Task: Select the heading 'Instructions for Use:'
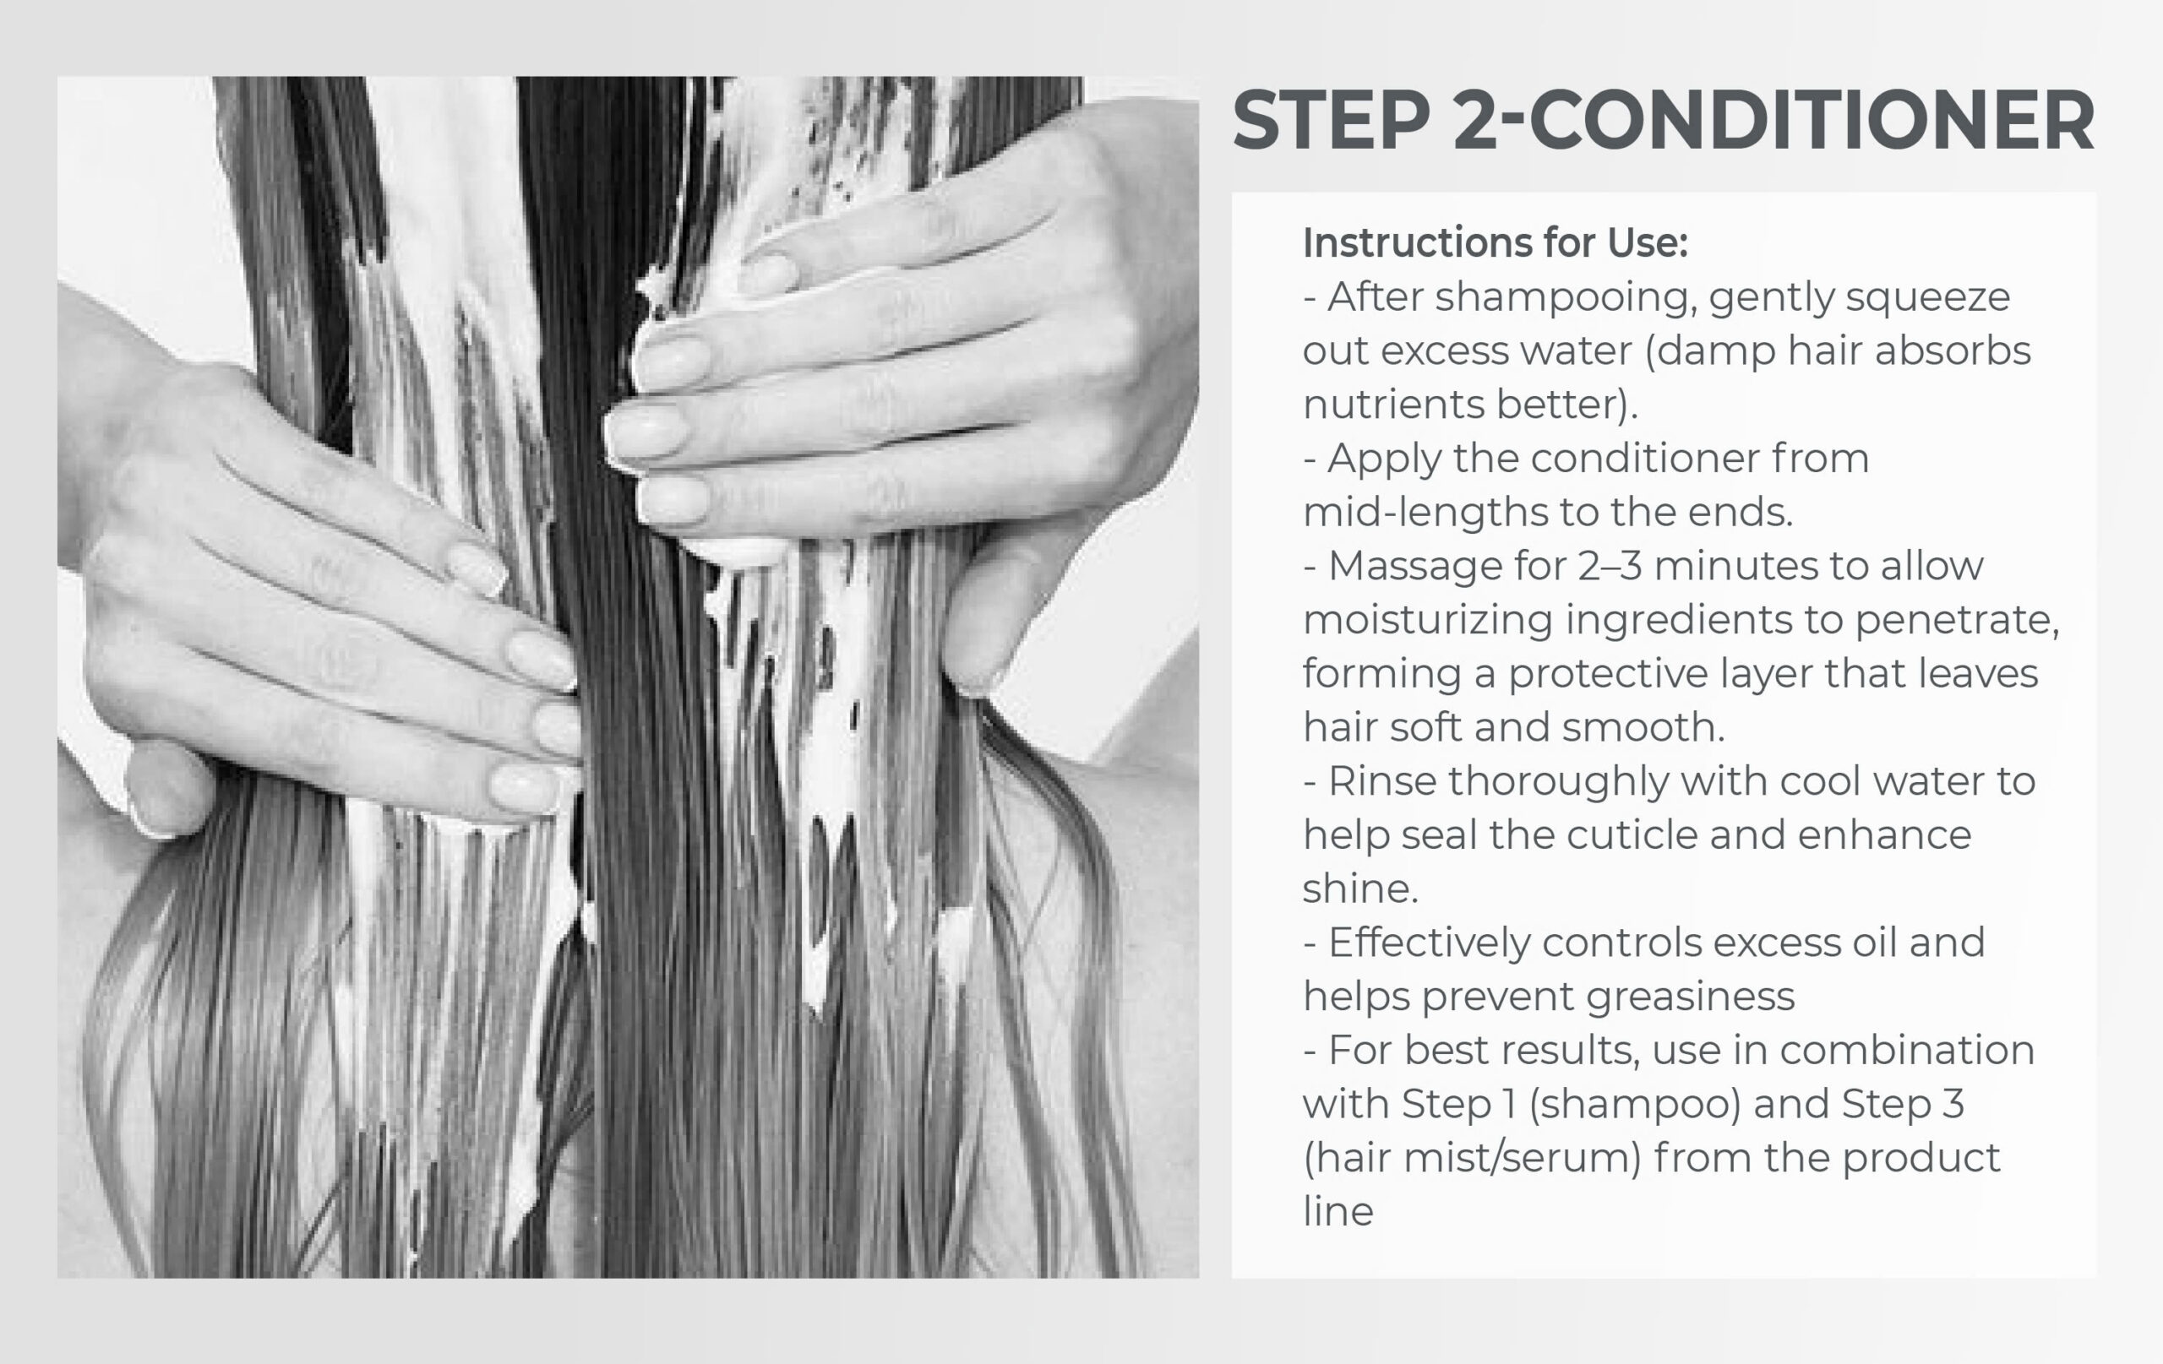[x=1496, y=242]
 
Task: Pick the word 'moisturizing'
[x=1427, y=621]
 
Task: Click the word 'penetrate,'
[x=1958, y=621]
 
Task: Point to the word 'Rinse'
[x=1382, y=781]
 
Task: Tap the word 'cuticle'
[x=1632, y=835]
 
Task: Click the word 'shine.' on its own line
[x=1361, y=889]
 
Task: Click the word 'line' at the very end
[x=1338, y=1211]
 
